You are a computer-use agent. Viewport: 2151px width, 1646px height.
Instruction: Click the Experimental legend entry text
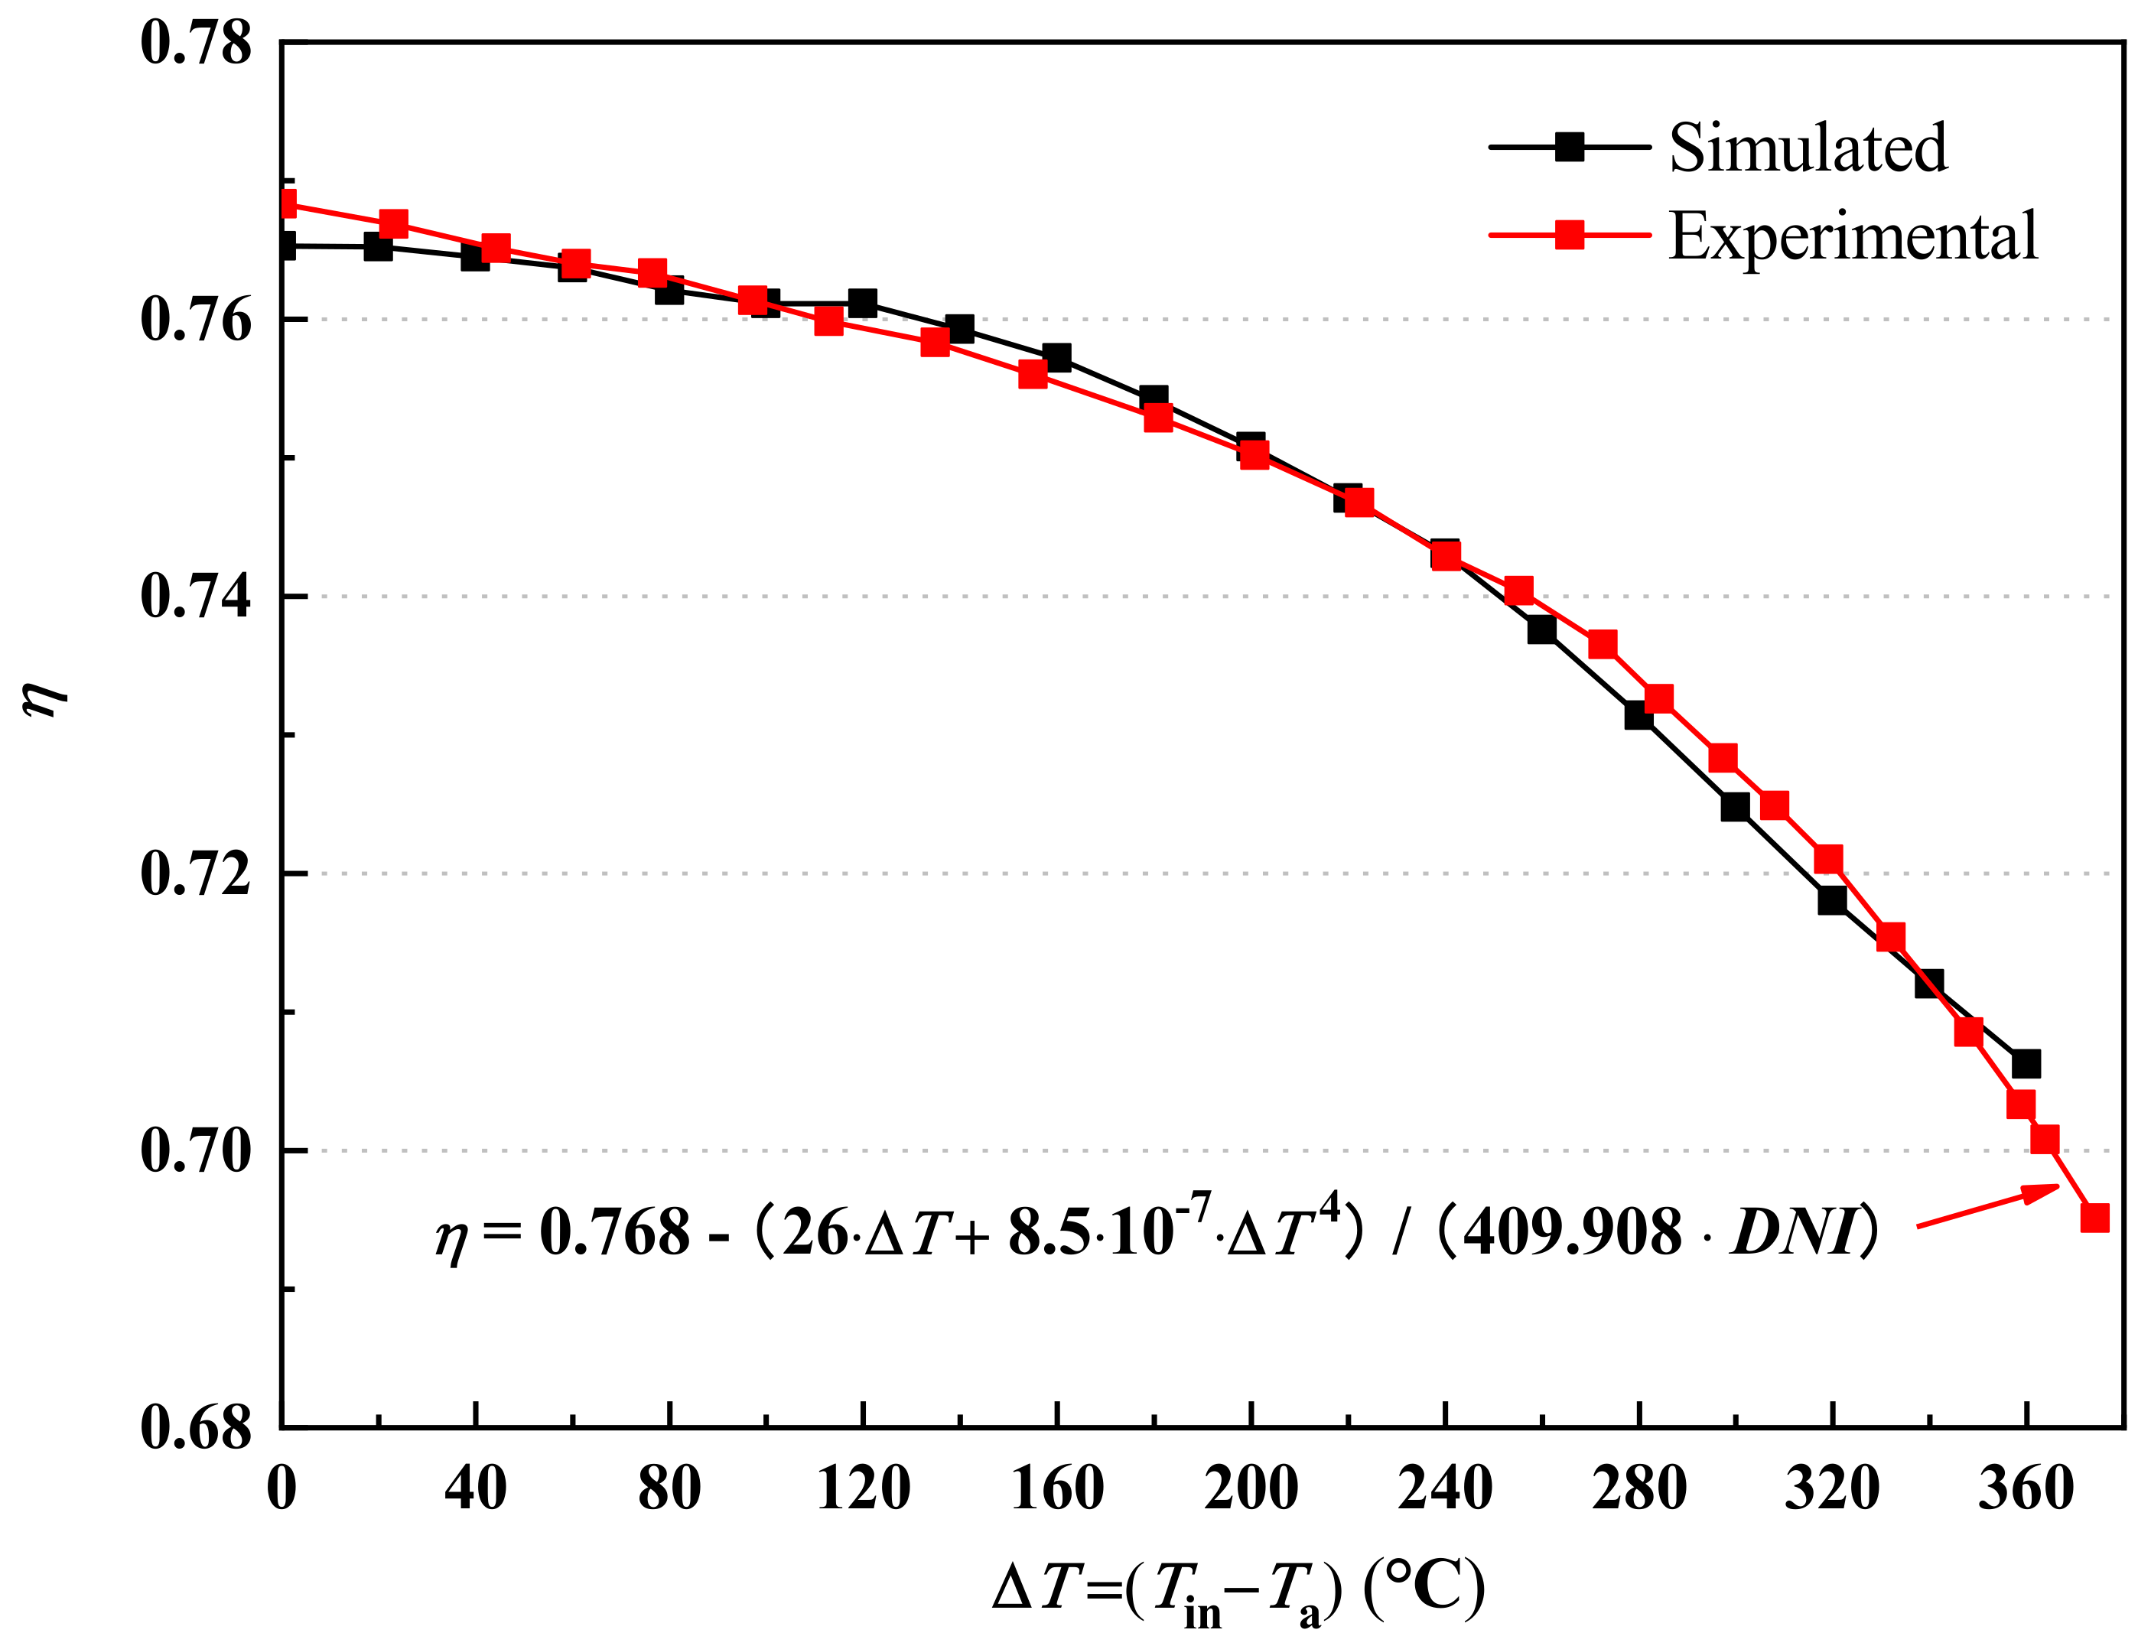1852,236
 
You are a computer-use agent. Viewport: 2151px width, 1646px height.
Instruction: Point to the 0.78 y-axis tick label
195,44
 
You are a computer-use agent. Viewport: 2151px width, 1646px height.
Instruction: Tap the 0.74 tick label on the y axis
195,597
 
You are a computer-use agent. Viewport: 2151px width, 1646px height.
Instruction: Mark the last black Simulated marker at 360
2025,1064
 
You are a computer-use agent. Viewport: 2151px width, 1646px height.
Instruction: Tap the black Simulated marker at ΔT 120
862,304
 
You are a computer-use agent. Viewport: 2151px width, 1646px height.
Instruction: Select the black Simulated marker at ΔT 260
1541,630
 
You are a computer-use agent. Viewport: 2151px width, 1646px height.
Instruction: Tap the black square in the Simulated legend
1569,148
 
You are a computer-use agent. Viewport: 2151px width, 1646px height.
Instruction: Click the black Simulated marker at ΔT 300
1735,808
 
